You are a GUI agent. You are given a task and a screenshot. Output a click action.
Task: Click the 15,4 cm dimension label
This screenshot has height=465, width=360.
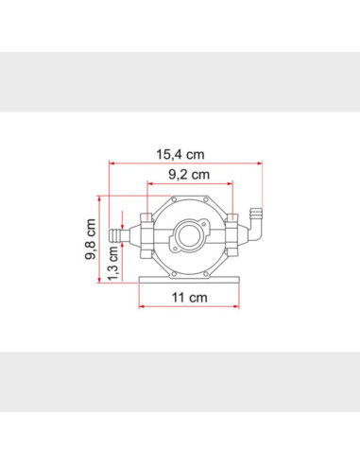click(180, 154)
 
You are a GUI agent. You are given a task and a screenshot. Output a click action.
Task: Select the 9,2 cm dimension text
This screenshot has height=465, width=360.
click(189, 174)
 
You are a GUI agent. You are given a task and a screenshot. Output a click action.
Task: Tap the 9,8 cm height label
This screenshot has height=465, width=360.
click(91, 239)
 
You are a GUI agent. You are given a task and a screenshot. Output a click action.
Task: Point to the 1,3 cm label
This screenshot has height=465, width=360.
click(112, 264)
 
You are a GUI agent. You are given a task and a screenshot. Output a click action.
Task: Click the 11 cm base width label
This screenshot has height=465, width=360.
click(189, 298)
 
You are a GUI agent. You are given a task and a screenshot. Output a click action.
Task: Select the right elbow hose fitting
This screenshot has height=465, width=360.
click(255, 224)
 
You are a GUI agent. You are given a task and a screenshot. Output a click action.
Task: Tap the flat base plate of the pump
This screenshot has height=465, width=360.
click(189, 280)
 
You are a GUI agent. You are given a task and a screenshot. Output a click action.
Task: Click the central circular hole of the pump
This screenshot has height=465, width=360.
click(189, 235)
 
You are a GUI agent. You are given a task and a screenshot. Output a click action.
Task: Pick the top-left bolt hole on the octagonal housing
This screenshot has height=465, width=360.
click(173, 199)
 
